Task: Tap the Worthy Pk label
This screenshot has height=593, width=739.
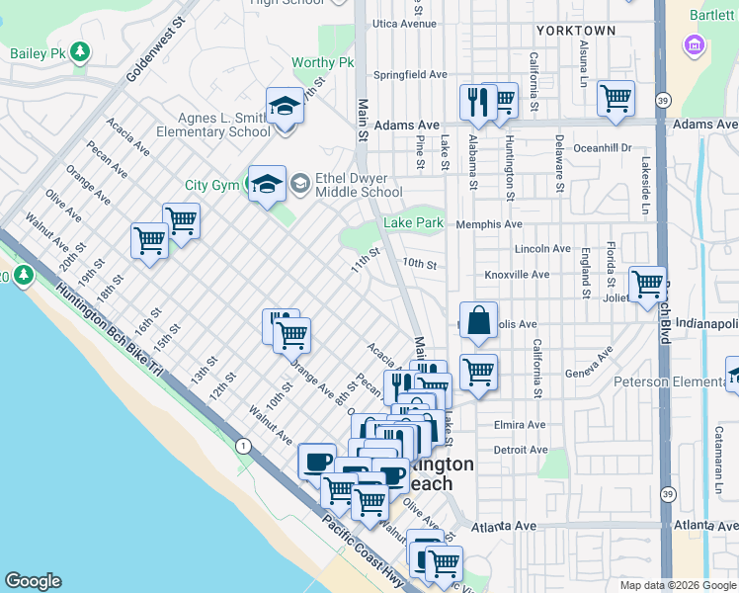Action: pyautogui.click(x=322, y=63)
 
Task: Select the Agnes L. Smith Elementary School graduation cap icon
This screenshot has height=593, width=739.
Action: pyautogui.click(x=285, y=106)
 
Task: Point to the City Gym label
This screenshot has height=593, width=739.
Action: pyautogui.click(x=211, y=185)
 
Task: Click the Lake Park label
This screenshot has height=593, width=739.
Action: pyautogui.click(x=420, y=223)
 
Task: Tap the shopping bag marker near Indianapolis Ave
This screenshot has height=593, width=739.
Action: pyautogui.click(x=478, y=320)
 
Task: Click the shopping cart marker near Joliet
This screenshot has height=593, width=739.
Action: pyautogui.click(x=647, y=285)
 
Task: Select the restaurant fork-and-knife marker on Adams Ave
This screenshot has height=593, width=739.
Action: pyautogui.click(x=476, y=101)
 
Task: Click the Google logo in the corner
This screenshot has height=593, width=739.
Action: pyautogui.click(x=33, y=581)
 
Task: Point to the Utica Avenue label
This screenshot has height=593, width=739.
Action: pyautogui.click(x=404, y=24)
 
